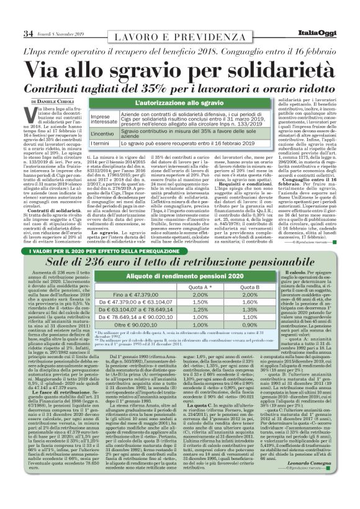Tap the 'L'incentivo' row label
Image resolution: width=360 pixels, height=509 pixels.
click(120, 133)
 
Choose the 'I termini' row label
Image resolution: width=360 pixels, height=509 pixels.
click(119, 143)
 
